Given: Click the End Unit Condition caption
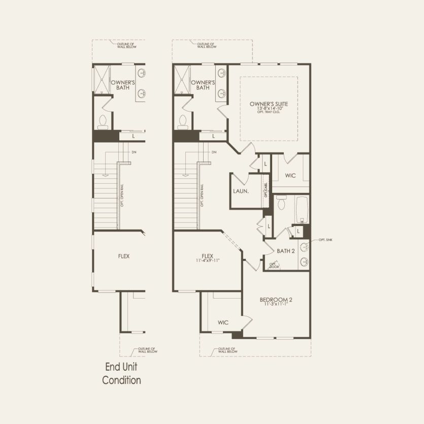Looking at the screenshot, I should click(121, 373).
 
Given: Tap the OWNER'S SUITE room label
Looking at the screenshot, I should click(269, 104).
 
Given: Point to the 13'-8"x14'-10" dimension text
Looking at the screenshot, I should click(269, 108).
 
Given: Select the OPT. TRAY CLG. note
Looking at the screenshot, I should click(269, 112).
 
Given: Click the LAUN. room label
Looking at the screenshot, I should click(241, 191).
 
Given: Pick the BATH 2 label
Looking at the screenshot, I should click(286, 251).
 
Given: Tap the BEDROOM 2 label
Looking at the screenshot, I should click(276, 300).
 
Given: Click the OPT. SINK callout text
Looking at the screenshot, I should click(325, 240).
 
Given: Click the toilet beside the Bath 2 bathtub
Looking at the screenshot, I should click(282, 202).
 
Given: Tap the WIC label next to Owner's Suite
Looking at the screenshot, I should click(290, 176).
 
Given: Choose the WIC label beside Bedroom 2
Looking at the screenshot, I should click(223, 322).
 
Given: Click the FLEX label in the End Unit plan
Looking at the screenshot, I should click(123, 256).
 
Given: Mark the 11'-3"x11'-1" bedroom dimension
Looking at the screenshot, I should click(276, 305).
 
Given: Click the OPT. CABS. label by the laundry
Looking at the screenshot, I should click(266, 191).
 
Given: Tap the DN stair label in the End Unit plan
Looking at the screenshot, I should click(134, 152).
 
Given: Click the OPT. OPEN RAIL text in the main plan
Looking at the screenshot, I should click(202, 194).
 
